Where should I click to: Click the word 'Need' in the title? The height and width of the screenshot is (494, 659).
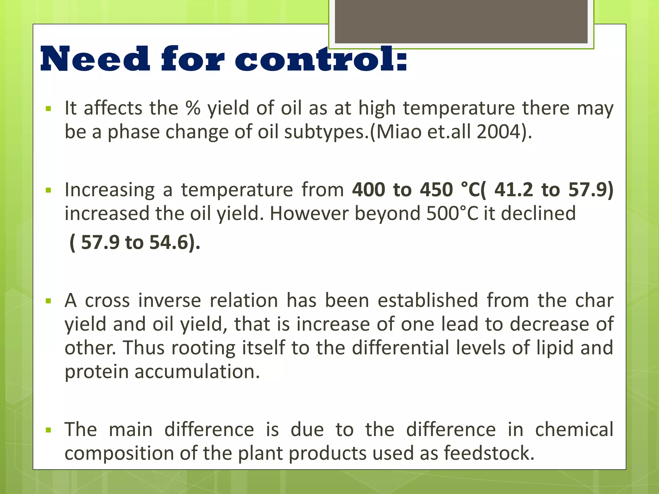95,59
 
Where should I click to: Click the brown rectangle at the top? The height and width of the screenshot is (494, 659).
461,21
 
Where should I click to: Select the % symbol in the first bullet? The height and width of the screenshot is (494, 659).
193,108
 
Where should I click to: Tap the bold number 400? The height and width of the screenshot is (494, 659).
368,189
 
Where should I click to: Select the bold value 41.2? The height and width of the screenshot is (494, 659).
514,189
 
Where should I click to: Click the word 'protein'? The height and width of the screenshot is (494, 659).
97,372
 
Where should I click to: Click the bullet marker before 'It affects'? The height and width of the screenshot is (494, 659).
49,109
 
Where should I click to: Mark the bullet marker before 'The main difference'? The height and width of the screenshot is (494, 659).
49,430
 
